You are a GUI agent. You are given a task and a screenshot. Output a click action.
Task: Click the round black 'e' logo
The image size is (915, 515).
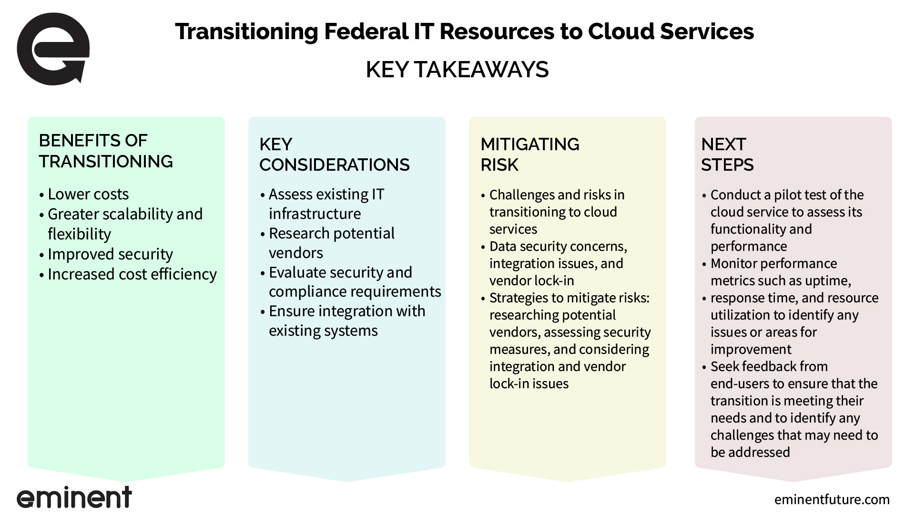pos(53,50)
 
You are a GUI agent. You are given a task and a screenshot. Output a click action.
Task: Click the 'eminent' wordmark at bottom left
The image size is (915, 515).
pos(74,497)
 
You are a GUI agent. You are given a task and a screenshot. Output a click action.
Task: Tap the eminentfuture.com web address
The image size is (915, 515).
pos(832,499)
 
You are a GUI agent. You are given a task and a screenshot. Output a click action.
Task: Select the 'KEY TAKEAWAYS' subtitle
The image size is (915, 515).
pos(457,70)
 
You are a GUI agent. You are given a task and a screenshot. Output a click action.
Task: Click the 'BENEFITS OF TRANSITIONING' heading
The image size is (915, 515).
pos(106,151)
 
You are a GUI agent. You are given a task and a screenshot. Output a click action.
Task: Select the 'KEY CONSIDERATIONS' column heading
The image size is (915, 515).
pos(335,154)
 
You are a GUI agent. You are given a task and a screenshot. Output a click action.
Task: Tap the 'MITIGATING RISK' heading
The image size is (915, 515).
pos(530,154)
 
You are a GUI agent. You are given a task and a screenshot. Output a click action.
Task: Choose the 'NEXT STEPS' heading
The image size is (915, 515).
pos(727,154)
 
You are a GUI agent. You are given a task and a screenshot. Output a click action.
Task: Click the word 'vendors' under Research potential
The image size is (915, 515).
pos(296,253)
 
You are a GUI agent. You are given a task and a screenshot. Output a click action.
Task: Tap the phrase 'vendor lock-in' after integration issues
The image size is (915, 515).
pos(532,280)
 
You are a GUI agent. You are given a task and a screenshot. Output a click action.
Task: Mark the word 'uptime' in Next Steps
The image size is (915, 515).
pos(829,281)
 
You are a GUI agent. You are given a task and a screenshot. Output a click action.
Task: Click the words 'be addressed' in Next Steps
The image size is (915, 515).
pos(750,452)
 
